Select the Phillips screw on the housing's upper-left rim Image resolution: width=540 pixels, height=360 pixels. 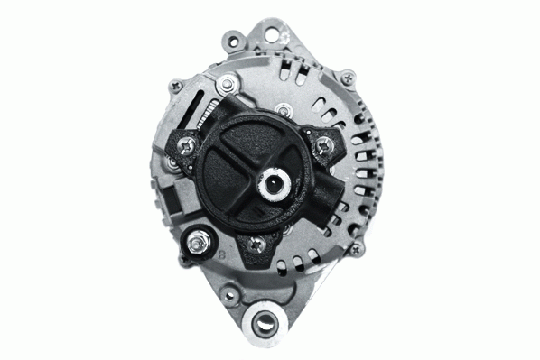coord(177,87)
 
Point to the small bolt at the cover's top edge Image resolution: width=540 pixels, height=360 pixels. coord(284,111)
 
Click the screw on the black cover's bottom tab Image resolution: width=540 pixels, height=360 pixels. coord(257,243)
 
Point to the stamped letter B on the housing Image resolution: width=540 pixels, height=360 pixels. coord(222,255)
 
